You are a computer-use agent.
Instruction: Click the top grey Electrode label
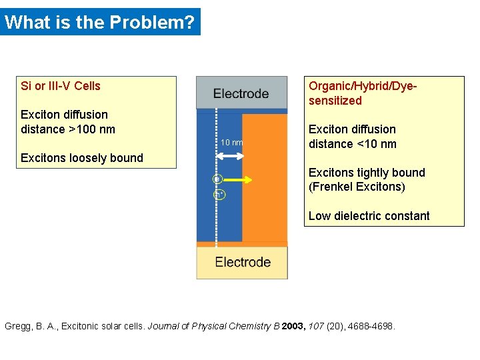(241, 93)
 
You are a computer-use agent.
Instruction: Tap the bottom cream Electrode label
(243, 262)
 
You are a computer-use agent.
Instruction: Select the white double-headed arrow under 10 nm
(231, 155)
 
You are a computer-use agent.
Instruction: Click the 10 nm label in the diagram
(231, 143)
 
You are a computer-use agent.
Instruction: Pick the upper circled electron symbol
(217, 179)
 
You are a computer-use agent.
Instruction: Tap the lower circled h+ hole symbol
(218, 195)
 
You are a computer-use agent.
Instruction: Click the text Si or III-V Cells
(61, 86)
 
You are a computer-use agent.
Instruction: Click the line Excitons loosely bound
(82, 158)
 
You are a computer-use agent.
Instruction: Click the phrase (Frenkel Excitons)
(357, 187)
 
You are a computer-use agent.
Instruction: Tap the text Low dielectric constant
(369, 216)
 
